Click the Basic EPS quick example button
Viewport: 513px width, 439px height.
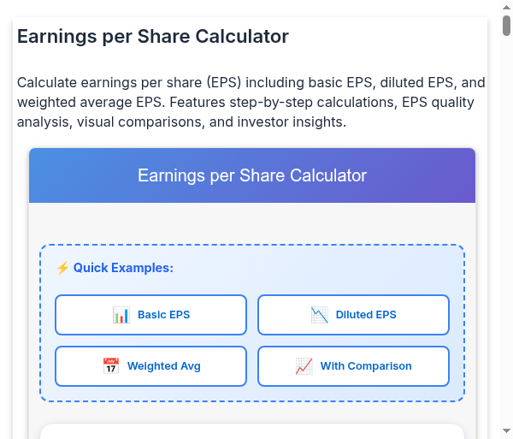[150, 315]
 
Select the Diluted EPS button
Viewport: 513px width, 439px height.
[353, 315]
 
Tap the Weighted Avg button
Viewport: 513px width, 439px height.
[150, 366]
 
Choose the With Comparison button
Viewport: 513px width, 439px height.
[353, 366]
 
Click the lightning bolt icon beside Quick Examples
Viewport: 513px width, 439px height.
[62, 268]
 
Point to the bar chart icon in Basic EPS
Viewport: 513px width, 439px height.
[121, 315]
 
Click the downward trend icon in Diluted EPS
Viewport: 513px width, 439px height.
[319, 315]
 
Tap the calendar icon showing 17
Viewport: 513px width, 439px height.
[111, 366]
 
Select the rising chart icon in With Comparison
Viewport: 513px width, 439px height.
[304, 366]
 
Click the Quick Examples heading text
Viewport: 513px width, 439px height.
[123, 268]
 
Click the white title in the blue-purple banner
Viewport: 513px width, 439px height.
[252, 175]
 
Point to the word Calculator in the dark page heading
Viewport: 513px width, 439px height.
[242, 36]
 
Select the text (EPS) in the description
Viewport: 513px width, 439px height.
[224, 82]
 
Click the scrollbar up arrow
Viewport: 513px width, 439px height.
[506, 7]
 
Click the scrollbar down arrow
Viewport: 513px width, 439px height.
[506, 430]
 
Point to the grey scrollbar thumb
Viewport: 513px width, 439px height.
[506, 26]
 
